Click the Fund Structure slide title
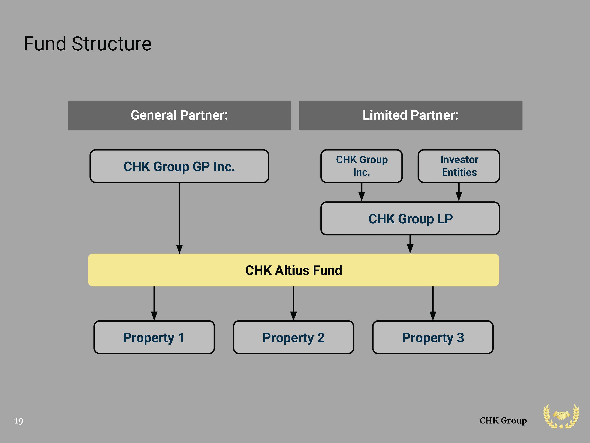tap(87, 44)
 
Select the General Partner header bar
tap(179, 115)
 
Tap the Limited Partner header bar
tap(411, 115)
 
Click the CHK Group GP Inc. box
tap(179, 166)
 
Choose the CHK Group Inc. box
tap(361, 166)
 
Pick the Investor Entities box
tap(459, 166)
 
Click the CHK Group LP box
tap(410, 218)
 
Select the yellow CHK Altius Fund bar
tap(293, 270)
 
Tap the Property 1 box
tap(154, 337)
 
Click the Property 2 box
tap(293, 337)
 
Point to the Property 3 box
tap(433, 337)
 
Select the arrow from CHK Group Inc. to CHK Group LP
tap(362, 192)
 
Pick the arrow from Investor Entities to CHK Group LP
tap(459, 192)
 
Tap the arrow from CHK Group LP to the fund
tap(410, 244)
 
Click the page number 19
tap(19, 421)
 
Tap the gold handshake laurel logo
tap(561, 416)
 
